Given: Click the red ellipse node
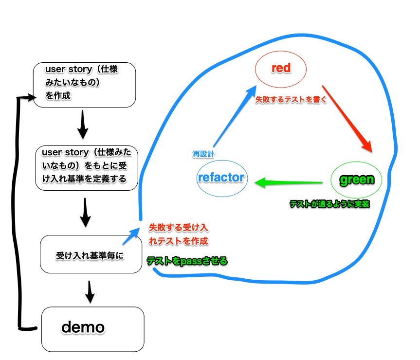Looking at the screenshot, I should pos(281,69).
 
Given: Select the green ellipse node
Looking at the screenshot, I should pos(356,180).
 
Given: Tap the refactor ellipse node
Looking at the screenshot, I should pos(221,178).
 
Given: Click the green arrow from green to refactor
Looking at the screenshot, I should pos(290,183).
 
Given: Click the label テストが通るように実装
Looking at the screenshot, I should pos(329,204).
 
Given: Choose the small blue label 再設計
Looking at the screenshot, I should pos(203,154).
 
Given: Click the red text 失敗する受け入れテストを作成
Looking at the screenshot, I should pos(179,234).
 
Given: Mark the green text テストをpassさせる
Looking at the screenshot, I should pos(187,261).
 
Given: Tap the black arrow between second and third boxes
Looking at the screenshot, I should pos(86,212).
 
